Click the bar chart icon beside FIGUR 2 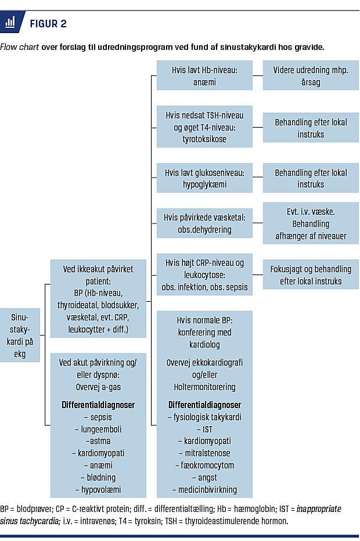pos(10,23)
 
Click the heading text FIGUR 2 pos(48,23)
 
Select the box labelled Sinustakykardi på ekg pos(20,335)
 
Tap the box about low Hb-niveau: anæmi pos(204,76)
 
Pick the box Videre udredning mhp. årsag pos(311,76)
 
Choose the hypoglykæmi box pos(204,178)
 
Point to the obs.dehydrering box pos(204,224)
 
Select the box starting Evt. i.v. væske pos(311,223)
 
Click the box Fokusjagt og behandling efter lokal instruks pos(311,275)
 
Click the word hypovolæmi pos(98,489)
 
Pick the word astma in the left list pos(96,441)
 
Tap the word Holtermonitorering pos(204,387)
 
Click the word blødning pos(98,477)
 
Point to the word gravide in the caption pos(307,46)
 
